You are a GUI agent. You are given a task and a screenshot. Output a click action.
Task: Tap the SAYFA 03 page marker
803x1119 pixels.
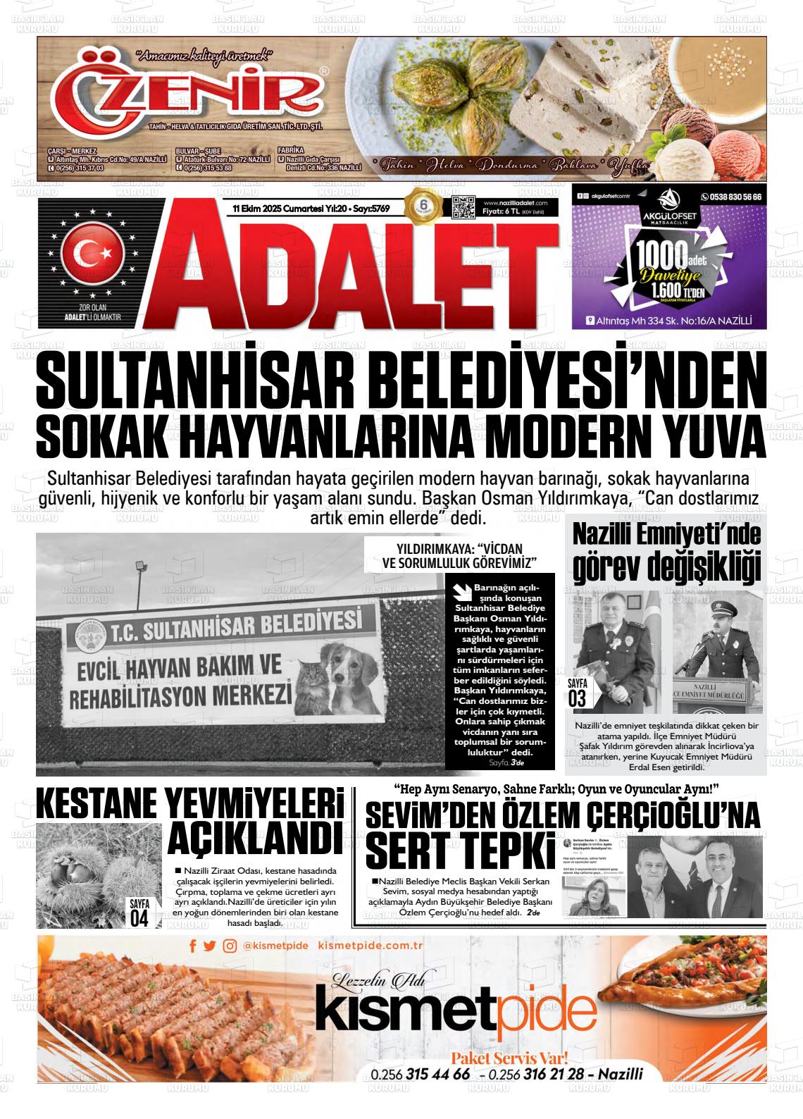click(x=577, y=692)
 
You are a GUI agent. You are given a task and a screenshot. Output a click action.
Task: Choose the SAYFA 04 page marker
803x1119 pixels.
click(x=139, y=912)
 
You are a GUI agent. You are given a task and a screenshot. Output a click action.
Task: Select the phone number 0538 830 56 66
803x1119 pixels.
click(x=730, y=198)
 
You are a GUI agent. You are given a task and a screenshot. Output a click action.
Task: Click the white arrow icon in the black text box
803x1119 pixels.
click(x=463, y=591)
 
